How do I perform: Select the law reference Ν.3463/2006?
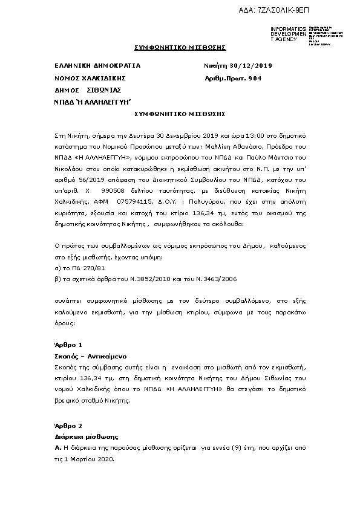[218, 279]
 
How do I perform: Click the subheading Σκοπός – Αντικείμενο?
[87, 357]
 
